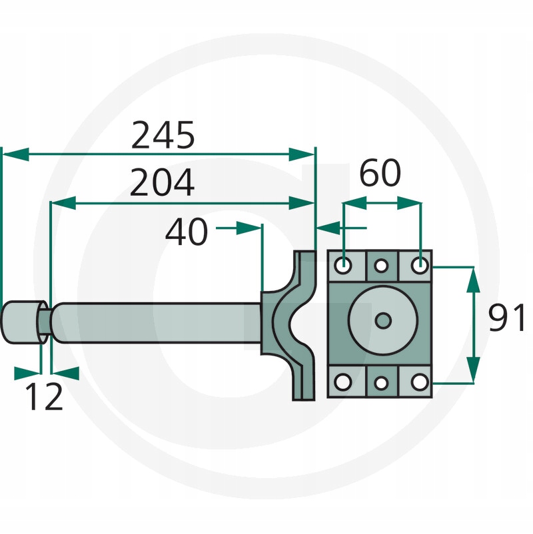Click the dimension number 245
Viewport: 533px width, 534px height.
[x=163, y=135]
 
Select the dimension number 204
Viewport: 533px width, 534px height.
[x=162, y=182]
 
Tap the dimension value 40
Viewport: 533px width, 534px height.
[x=187, y=232]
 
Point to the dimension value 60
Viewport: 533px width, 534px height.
[x=380, y=172]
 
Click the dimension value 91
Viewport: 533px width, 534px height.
[x=507, y=318]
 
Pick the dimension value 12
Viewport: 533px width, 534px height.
[x=44, y=396]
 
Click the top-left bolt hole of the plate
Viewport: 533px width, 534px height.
[x=343, y=264]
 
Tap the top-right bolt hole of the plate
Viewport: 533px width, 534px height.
[x=420, y=264]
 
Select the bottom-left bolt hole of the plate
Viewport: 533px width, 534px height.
[x=343, y=382]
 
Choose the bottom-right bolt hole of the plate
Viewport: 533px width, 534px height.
[x=420, y=382]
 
